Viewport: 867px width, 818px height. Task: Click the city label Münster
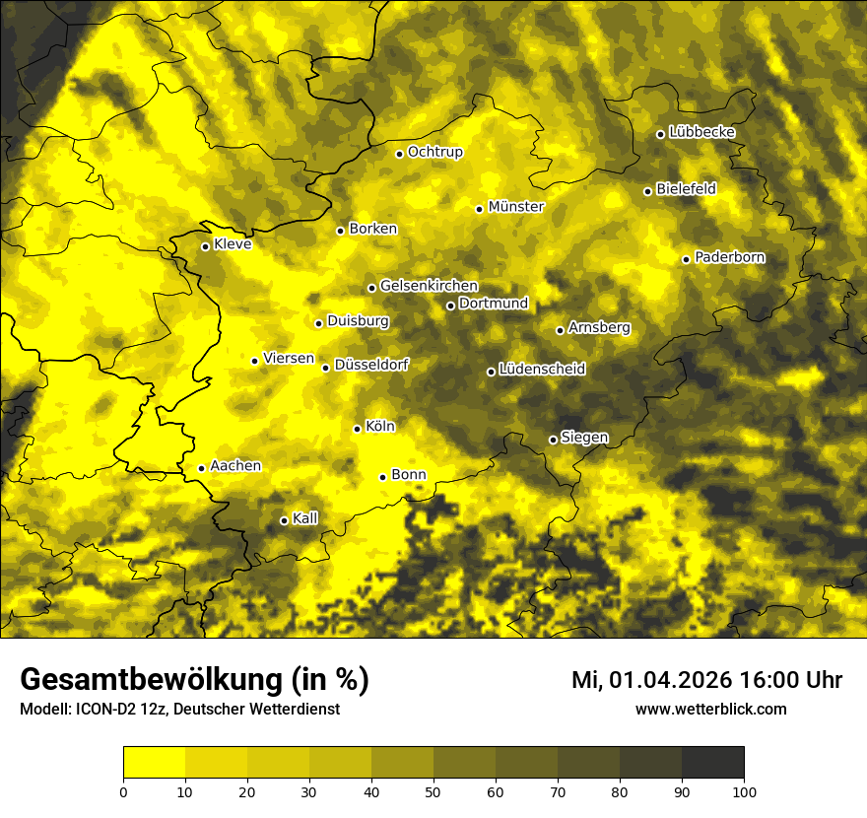(x=516, y=207)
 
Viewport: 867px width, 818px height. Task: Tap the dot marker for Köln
(x=357, y=429)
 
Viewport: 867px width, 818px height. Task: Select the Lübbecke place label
(x=701, y=132)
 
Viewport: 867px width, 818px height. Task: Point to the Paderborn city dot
(x=686, y=259)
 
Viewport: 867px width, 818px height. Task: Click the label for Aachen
(x=235, y=466)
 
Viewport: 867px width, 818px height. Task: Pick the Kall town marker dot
(x=284, y=520)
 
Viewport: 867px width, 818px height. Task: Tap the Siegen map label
(x=584, y=438)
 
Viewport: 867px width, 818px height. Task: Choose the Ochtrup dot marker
(x=399, y=154)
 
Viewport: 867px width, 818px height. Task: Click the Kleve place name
(x=233, y=244)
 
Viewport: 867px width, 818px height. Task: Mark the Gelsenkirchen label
(x=429, y=286)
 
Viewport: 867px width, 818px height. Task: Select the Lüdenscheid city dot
(x=491, y=372)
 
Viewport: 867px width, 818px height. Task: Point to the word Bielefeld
(x=686, y=188)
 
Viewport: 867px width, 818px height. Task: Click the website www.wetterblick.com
(x=710, y=710)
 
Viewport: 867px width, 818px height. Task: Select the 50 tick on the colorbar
(x=433, y=790)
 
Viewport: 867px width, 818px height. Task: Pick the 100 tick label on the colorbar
(x=744, y=790)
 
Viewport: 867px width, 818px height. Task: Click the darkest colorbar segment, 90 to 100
(x=712, y=762)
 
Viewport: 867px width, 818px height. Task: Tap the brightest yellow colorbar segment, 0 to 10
(x=154, y=762)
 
